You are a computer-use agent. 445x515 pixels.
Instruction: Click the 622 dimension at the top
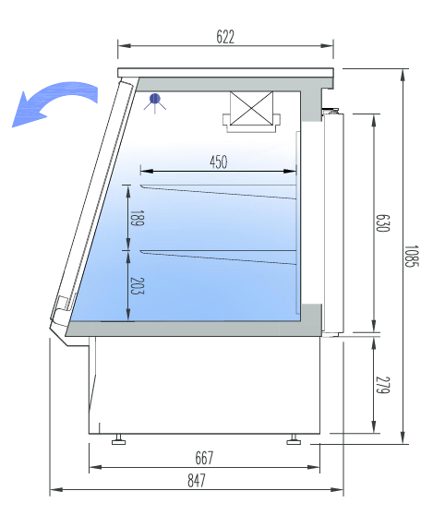(x=225, y=37)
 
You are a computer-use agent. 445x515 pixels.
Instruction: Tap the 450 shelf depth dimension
(x=218, y=162)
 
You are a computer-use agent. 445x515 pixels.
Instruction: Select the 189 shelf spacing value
(x=137, y=219)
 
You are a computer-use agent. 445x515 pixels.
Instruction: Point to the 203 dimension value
(x=137, y=286)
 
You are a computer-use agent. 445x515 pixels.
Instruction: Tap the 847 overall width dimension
(x=196, y=480)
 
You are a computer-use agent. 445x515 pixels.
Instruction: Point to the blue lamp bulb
(x=155, y=98)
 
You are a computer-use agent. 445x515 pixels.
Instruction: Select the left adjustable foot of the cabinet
(x=119, y=439)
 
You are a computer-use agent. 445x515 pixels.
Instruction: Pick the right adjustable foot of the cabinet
(x=294, y=439)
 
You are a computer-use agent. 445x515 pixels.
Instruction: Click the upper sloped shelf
(x=218, y=192)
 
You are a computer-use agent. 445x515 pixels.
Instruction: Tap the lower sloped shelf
(x=218, y=257)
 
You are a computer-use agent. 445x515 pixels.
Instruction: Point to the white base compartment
(x=203, y=383)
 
